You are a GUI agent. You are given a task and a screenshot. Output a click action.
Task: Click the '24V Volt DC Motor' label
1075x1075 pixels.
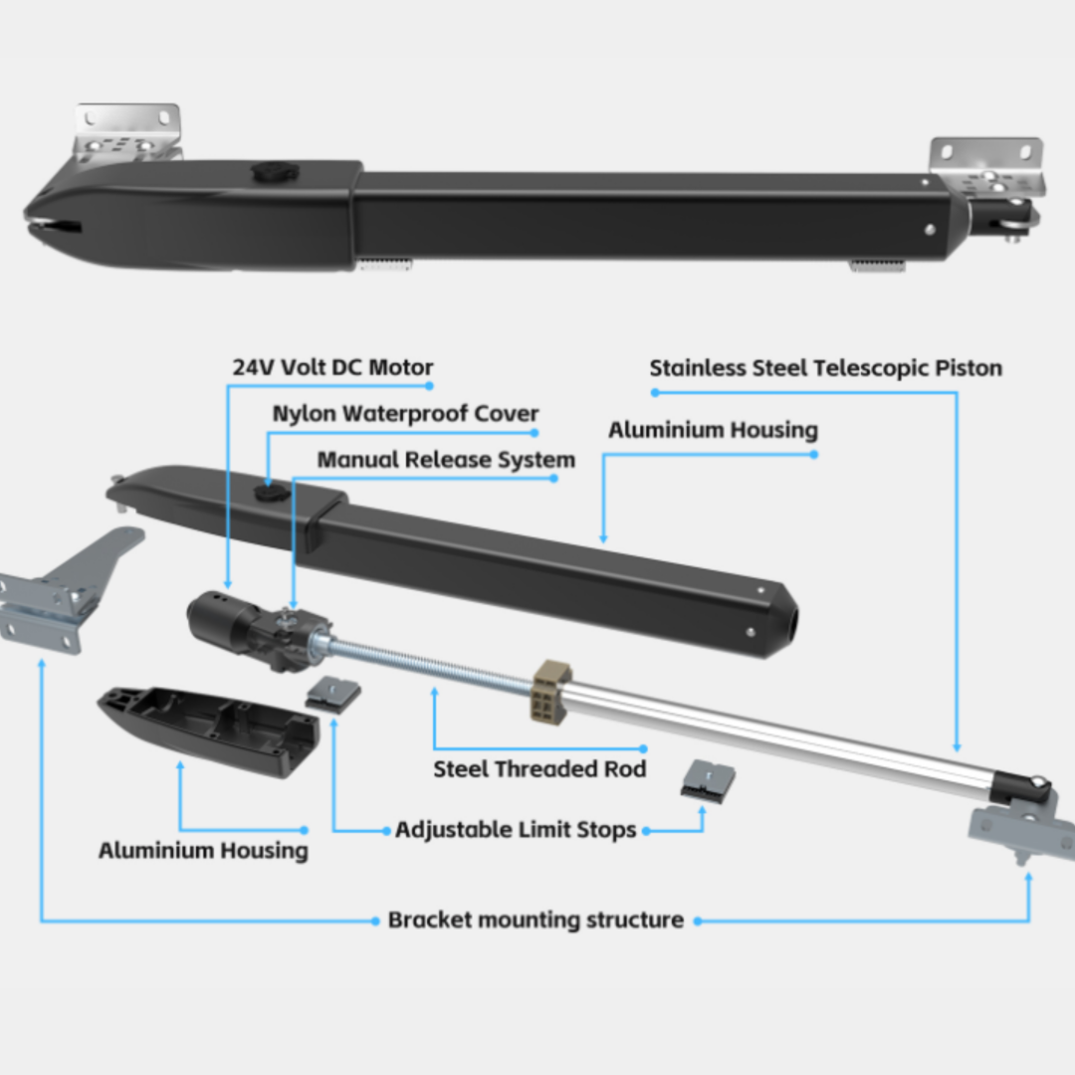(x=332, y=366)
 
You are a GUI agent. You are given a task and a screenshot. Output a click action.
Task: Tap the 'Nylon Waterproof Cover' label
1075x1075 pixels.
(x=405, y=413)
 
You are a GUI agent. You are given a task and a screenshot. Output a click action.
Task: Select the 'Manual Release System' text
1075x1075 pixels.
(x=445, y=460)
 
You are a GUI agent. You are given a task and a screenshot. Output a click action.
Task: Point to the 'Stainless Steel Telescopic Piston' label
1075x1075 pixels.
(x=825, y=368)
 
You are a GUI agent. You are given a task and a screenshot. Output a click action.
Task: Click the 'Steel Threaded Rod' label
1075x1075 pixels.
(x=539, y=768)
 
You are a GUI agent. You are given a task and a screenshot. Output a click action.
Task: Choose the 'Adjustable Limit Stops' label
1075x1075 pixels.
(x=516, y=829)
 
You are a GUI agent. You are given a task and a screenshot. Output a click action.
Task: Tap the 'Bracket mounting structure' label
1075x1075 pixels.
(x=536, y=920)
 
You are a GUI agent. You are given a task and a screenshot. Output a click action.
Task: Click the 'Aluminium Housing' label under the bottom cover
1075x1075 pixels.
(x=203, y=850)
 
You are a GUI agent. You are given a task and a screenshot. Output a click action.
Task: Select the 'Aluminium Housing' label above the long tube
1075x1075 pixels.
(x=713, y=430)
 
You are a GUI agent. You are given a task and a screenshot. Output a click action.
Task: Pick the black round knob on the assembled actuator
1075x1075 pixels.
(x=269, y=172)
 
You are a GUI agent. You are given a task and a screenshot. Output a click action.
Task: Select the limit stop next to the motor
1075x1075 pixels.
(x=333, y=693)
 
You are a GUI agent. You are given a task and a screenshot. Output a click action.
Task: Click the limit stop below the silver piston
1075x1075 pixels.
(x=709, y=780)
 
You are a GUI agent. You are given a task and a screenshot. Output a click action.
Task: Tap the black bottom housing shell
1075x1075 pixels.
(x=209, y=732)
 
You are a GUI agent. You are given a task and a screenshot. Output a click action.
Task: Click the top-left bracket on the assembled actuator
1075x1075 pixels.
(x=129, y=129)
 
